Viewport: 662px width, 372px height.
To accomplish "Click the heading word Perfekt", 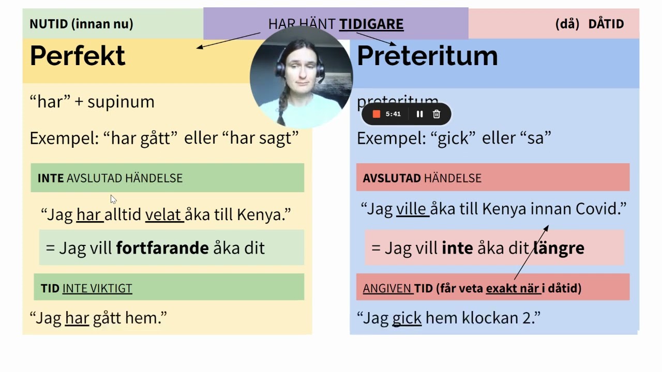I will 78,56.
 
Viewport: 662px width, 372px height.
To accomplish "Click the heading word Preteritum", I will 427,56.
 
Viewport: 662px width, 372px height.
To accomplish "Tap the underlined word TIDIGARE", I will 371,24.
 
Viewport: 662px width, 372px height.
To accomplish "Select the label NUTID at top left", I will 49,24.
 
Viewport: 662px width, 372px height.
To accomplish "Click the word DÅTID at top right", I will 606,24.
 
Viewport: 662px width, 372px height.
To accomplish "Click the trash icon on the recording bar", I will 437,114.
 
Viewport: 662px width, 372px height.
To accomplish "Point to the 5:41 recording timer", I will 393,114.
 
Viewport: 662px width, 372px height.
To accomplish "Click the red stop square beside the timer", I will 377,114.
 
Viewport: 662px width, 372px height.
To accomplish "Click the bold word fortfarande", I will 162,248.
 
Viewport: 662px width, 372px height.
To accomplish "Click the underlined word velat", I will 164,214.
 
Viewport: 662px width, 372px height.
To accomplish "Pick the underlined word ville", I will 412,209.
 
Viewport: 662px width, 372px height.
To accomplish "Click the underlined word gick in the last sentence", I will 407,318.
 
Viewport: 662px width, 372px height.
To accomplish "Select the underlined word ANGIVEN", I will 387,288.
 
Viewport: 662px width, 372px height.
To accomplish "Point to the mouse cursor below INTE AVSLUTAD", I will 113,199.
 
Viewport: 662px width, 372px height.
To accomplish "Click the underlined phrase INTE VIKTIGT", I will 97,288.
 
